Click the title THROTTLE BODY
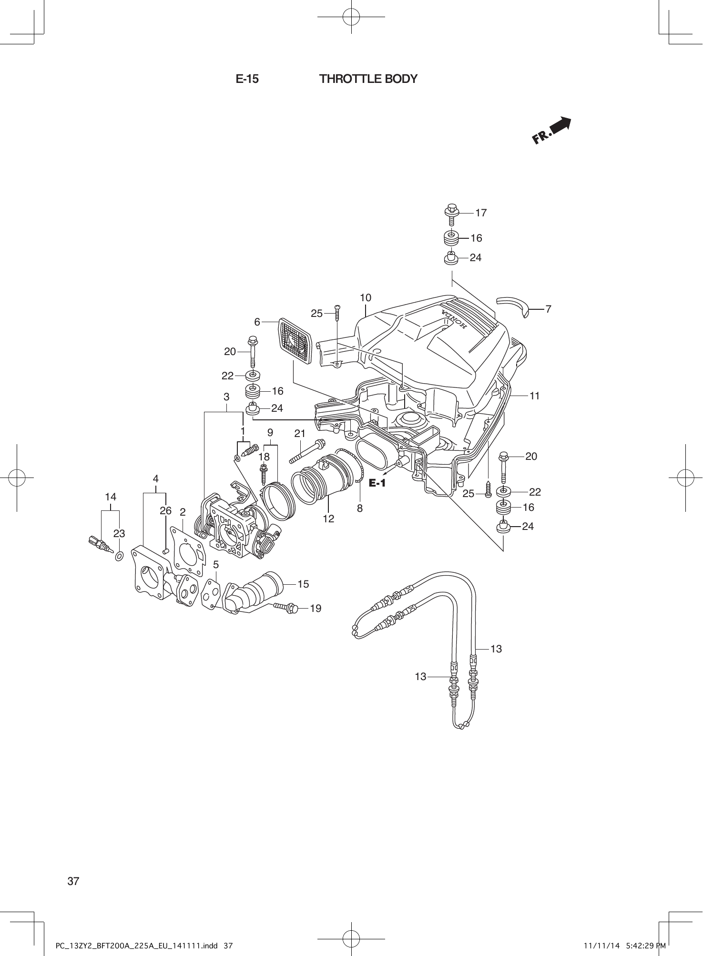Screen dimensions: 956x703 click(x=368, y=79)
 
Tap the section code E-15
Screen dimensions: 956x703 click(x=247, y=79)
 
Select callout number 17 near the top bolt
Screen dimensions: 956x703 click(x=481, y=213)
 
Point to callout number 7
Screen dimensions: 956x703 click(x=548, y=309)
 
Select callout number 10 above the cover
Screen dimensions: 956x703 click(x=365, y=298)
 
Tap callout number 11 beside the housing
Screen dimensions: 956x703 click(x=534, y=396)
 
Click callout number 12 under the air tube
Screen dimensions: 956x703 click(x=328, y=519)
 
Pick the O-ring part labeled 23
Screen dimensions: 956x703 click(x=119, y=556)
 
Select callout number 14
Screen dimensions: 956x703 click(x=110, y=497)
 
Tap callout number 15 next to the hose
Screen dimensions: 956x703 click(x=303, y=584)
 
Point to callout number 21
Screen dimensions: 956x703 click(x=299, y=434)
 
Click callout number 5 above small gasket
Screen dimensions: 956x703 click(x=216, y=565)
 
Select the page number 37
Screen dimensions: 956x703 click(x=73, y=881)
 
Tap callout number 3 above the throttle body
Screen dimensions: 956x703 click(x=226, y=397)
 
